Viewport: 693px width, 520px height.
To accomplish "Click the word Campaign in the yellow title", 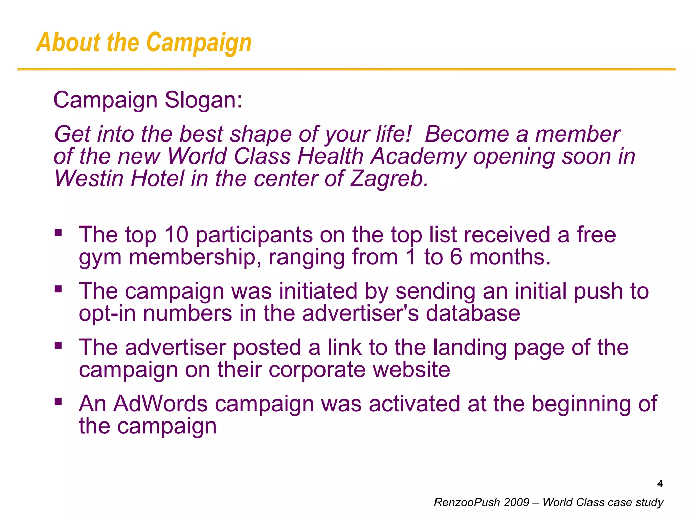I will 199,43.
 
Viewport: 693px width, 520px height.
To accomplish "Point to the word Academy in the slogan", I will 418,156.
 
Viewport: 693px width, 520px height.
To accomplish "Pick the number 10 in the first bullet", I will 176,235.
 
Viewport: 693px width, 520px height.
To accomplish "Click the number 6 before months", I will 456,257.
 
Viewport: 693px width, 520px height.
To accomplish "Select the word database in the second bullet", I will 473,313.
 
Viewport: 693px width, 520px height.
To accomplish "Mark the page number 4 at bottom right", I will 660,484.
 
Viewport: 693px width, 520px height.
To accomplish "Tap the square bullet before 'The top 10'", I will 58,233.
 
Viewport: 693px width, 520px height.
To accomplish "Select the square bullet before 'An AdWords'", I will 58,402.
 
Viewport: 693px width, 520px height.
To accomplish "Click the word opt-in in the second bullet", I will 107,314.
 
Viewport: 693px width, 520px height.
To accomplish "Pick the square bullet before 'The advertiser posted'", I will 58,346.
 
